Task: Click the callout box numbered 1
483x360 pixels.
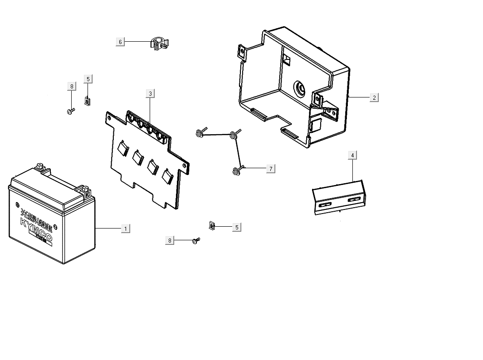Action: pyautogui.click(x=126, y=229)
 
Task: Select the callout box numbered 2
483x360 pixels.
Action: pyautogui.click(x=374, y=97)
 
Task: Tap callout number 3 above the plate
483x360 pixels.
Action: pyautogui.click(x=150, y=93)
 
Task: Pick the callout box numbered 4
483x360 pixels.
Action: pyautogui.click(x=352, y=156)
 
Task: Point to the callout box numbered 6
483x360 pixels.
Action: pyautogui.click(x=120, y=42)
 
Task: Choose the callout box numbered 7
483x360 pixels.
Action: pyautogui.click(x=271, y=169)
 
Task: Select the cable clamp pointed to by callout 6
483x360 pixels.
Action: pyautogui.click(x=159, y=44)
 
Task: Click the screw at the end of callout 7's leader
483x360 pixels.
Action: pyautogui.click(x=236, y=171)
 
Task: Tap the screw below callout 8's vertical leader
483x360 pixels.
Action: pyautogui.click(x=70, y=110)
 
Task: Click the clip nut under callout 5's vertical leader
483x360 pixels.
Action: pyautogui.click(x=87, y=100)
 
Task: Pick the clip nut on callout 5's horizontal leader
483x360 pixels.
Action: pyautogui.click(x=212, y=225)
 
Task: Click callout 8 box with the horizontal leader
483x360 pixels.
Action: pyautogui.click(x=170, y=240)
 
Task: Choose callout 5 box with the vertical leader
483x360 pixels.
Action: pyautogui.click(x=88, y=79)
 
